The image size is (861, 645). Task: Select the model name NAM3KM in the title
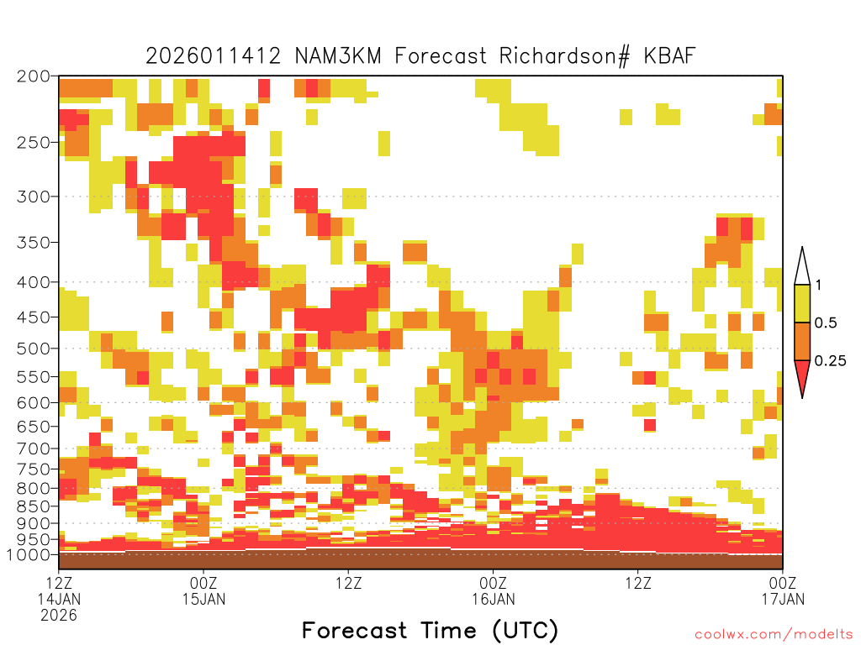(338, 55)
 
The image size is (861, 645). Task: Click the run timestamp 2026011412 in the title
(213, 55)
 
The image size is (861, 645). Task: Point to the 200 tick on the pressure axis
(33, 76)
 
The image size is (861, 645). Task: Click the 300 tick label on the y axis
(33, 197)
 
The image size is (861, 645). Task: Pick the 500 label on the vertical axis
(33, 349)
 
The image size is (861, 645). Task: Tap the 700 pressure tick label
(33, 448)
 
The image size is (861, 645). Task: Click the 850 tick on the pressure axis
(33, 506)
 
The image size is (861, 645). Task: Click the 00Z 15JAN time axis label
(203, 590)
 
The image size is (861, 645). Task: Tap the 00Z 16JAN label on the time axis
(493, 590)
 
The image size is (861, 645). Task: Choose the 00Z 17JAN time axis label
(783, 590)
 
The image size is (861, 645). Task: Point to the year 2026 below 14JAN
(59, 615)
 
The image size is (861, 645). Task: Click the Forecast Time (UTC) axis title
(430, 630)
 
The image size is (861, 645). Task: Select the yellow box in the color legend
(802, 303)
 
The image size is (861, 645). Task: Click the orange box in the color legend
(802, 341)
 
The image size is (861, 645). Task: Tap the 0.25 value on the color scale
(830, 360)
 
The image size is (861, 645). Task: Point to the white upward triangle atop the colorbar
(802, 266)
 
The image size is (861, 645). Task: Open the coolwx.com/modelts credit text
(774, 635)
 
